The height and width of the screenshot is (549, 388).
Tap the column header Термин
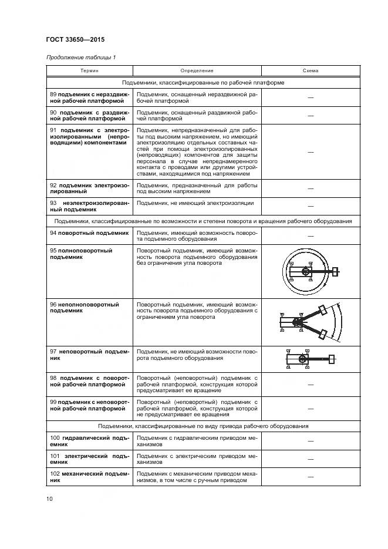pos(89,71)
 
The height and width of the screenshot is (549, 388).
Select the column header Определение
pos(197,71)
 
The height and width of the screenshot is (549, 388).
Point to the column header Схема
pos(311,71)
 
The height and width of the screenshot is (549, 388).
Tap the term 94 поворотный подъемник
pos(89,233)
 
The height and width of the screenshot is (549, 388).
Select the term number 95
pos(53,250)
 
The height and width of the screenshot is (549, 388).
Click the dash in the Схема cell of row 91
pos(311,151)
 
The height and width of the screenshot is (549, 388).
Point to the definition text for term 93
pos(195,203)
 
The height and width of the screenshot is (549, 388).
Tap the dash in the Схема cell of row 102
pos(311,476)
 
